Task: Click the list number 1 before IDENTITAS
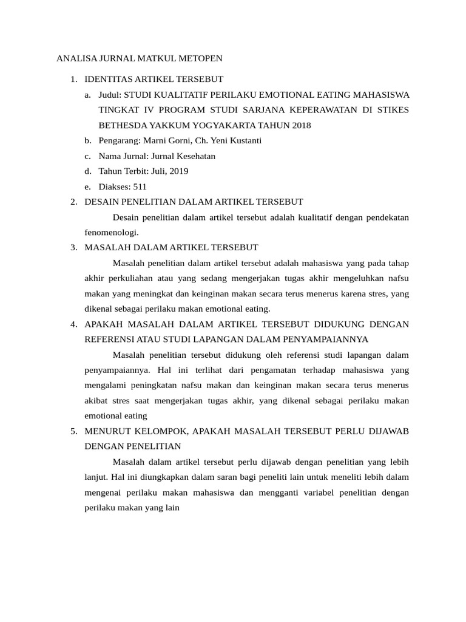(x=73, y=79)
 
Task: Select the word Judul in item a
(x=110, y=95)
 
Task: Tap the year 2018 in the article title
(x=300, y=125)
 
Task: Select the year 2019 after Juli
(x=178, y=171)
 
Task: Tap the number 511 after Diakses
(x=140, y=186)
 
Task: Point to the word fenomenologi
(x=111, y=232)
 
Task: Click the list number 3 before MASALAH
(x=73, y=247)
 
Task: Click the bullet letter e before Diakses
(x=88, y=186)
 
